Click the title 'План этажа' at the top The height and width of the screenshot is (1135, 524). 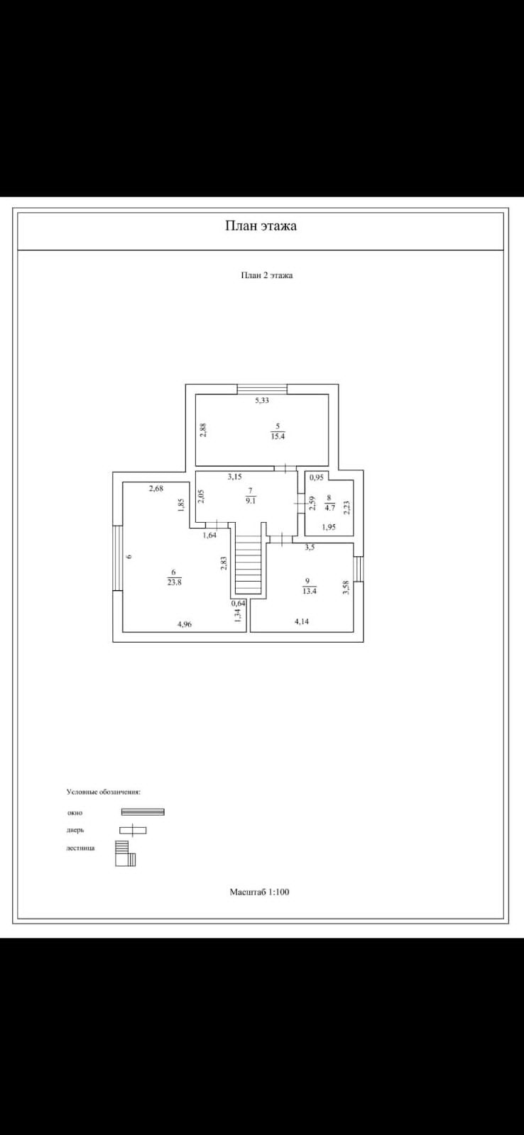[x=261, y=226]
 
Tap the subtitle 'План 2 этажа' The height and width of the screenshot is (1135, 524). [x=266, y=275]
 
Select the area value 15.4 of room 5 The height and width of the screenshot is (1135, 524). [x=277, y=436]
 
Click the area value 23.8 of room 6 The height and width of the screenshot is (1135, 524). [x=174, y=582]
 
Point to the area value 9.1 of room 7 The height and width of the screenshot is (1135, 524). [x=249, y=499]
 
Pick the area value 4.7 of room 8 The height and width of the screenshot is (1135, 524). [x=329, y=508]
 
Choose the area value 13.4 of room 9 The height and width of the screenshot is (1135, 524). [x=308, y=590]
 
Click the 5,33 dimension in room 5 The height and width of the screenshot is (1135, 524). [x=262, y=400]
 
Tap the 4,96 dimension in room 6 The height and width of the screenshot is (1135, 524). [x=184, y=624]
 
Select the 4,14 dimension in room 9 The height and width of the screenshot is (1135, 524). [x=302, y=621]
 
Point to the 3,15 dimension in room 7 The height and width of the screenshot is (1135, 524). [x=234, y=477]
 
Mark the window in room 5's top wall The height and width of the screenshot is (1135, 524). [x=262, y=389]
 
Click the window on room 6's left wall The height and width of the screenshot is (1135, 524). [x=117, y=557]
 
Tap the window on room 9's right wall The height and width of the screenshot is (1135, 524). [x=359, y=568]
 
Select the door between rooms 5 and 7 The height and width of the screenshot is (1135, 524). [x=285, y=468]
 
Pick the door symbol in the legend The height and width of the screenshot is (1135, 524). [x=133, y=830]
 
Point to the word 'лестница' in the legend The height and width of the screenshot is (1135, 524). [x=80, y=848]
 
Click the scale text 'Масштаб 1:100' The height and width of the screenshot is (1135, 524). [x=259, y=892]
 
